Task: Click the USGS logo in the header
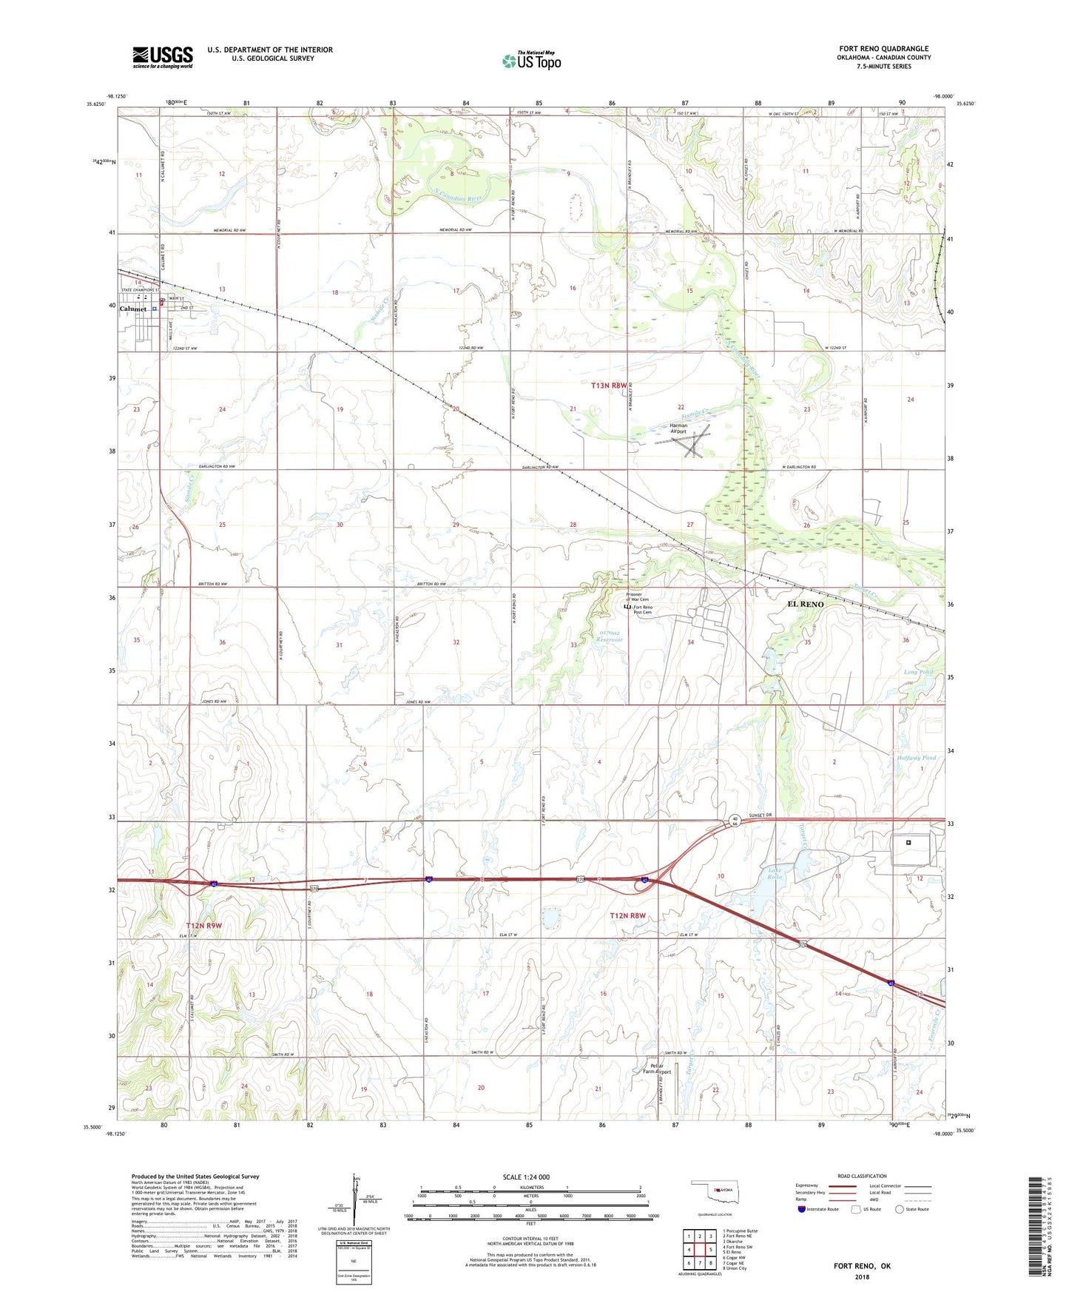(x=163, y=57)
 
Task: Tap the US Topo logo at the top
(x=531, y=61)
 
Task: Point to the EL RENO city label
(x=805, y=605)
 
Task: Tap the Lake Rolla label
(x=775, y=873)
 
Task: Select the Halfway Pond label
(x=915, y=758)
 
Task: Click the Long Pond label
(x=918, y=672)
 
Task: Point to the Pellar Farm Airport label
(x=657, y=1069)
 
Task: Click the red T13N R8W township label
(x=609, y=386)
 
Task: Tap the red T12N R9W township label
(x=204, y=926)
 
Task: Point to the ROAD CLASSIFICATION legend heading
(x=862, y=1176)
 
